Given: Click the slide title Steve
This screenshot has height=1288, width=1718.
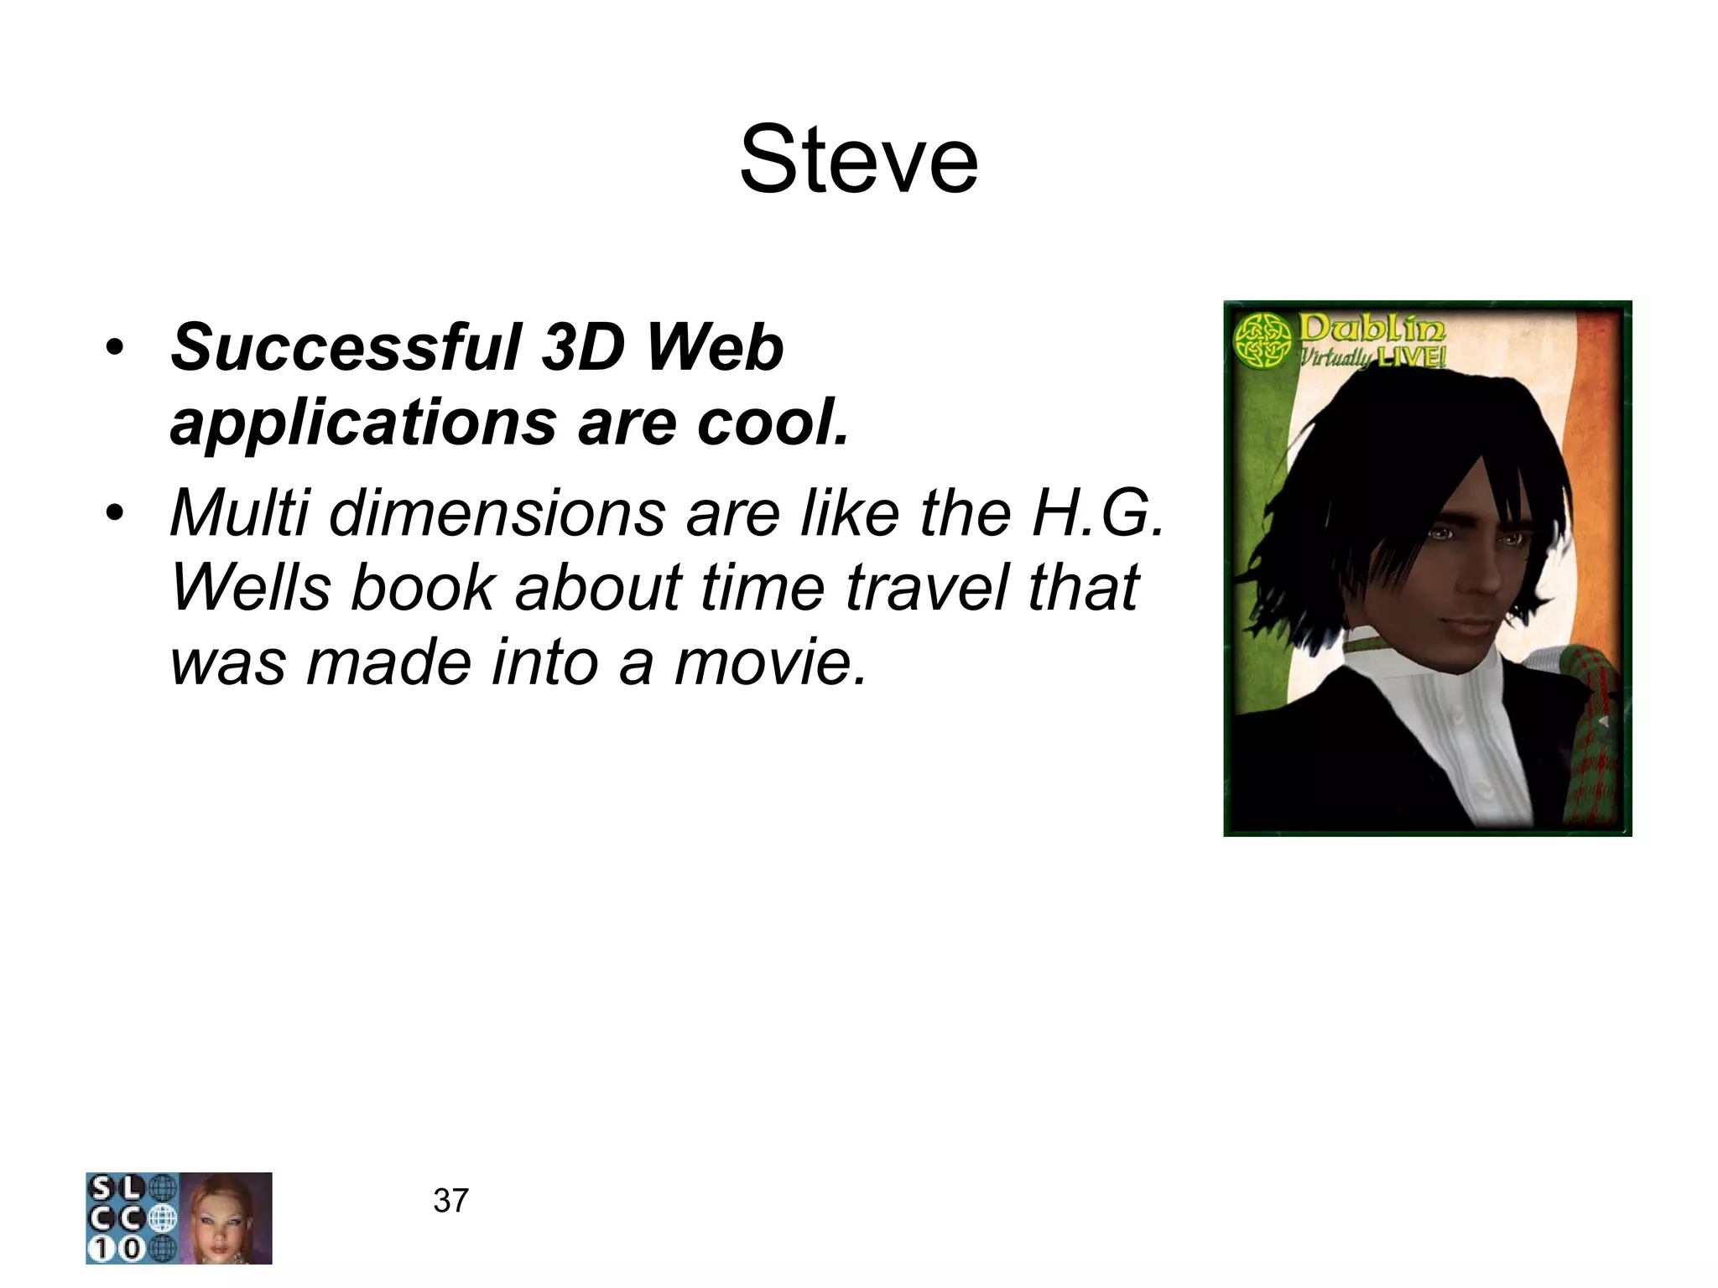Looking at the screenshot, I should [x=858, y=160].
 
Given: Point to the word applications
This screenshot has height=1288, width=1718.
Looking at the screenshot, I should [x=362, y=423].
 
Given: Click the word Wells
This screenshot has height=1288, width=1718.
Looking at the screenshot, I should [x=250, y=587].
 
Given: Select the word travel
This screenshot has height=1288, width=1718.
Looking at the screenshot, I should [x=925, y=587].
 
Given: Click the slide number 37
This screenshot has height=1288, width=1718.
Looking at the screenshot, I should [x=450, y=1201].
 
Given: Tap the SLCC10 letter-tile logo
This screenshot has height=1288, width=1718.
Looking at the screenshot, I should [x=132, y=1218].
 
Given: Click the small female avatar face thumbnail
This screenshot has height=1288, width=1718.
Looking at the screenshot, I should [x=226, y=1218].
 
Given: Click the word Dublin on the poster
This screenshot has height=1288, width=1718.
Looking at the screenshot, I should [x=1372, y=330].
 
